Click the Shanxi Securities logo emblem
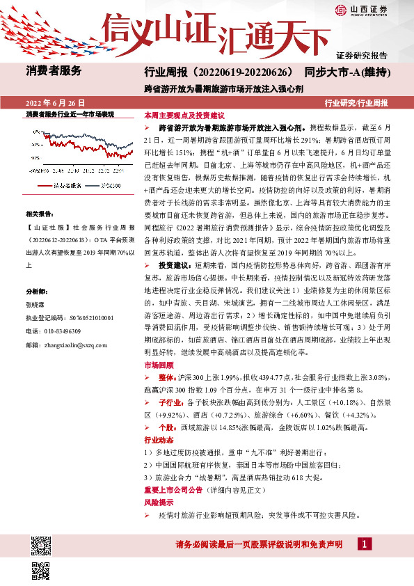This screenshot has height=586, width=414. pos(340,9)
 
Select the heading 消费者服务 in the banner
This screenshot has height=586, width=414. pos(54,70)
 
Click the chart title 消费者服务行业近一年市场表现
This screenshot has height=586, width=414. pos(70,114)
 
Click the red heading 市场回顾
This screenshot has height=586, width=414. pos(157,364)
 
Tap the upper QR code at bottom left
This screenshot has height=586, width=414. pos(40,544)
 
